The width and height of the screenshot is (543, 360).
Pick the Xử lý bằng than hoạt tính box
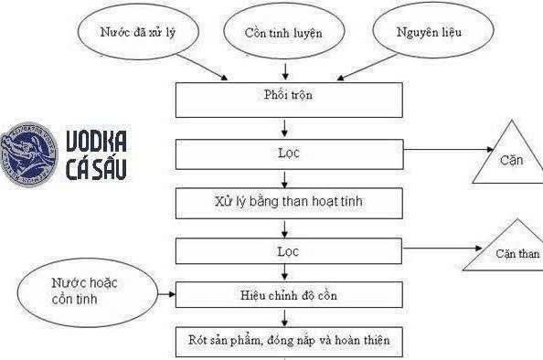pyautogui.click(x=288, y=198)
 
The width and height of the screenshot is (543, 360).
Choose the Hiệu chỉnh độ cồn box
pyautogui.click(x=288, y=294)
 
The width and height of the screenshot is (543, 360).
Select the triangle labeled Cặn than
pyautogui.click(x=500, y=249)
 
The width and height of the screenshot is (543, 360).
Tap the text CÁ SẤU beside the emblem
pyautogui.click(x=96, y=169)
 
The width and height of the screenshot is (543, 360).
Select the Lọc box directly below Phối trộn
pyautogui.click(x=288, y=154)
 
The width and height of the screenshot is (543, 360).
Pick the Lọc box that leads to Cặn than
pyautogui.click(x=288, y=248)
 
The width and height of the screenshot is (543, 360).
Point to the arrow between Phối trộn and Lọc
pyautogui.click(x=288, y=128)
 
